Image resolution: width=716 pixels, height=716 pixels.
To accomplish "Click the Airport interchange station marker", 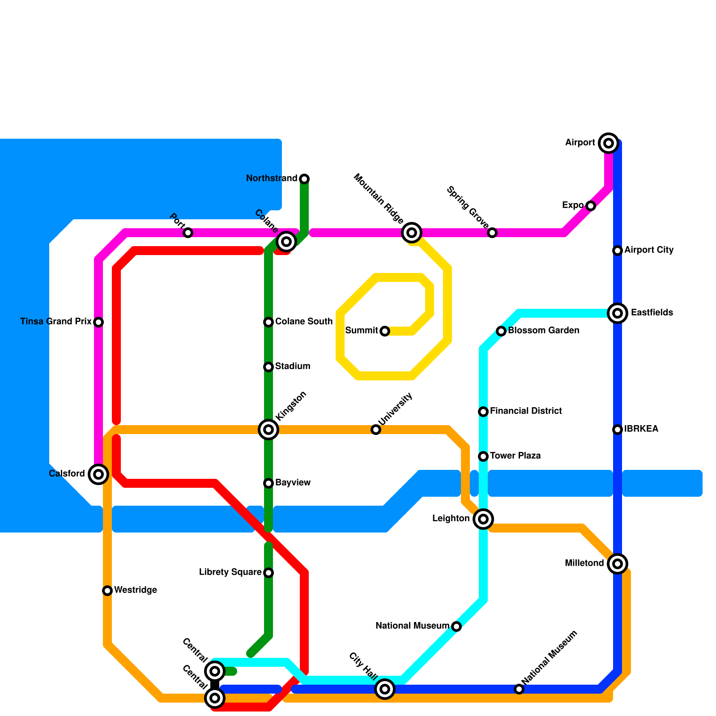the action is [x=609, y=143].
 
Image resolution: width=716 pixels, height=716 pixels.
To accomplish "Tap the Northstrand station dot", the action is [x=304, y=179].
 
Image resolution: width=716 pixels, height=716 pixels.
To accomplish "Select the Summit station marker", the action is [x=385, y=331].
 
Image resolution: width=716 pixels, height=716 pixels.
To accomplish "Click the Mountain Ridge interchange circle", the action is [x=412, y=233].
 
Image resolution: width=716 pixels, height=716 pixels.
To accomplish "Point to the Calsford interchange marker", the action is [x=98, y=474].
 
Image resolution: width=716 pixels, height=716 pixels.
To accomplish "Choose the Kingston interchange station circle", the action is [x=268, y=430].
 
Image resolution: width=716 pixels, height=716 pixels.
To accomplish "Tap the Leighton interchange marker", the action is [x=483, y=519].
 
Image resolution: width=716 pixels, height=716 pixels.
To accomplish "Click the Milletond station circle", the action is [x=618, y=564].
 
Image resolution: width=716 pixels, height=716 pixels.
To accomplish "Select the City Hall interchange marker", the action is [x=385, y=689].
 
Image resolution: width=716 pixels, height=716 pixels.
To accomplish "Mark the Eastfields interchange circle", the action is [x=618, y=313].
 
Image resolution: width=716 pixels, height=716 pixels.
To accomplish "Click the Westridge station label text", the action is [x=136, y=590].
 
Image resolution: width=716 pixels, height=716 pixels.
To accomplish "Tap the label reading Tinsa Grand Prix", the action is [x=56, y=322].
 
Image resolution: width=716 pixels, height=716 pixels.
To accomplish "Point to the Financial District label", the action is [x=526, y=411].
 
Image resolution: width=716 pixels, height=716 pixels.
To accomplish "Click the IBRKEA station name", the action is [x=641, y=429].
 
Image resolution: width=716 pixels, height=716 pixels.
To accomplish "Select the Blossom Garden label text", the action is [x=544, y=331].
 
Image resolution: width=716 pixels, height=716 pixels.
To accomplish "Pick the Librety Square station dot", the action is [x=268, y=573].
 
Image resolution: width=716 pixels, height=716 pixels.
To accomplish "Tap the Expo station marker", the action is [x=591, y=206].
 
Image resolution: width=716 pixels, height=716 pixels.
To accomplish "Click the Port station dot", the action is [x=188, y=233].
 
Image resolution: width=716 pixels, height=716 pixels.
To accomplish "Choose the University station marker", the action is [x=376, y=430].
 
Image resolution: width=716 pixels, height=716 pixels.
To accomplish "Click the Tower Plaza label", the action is [x=516, y=456].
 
